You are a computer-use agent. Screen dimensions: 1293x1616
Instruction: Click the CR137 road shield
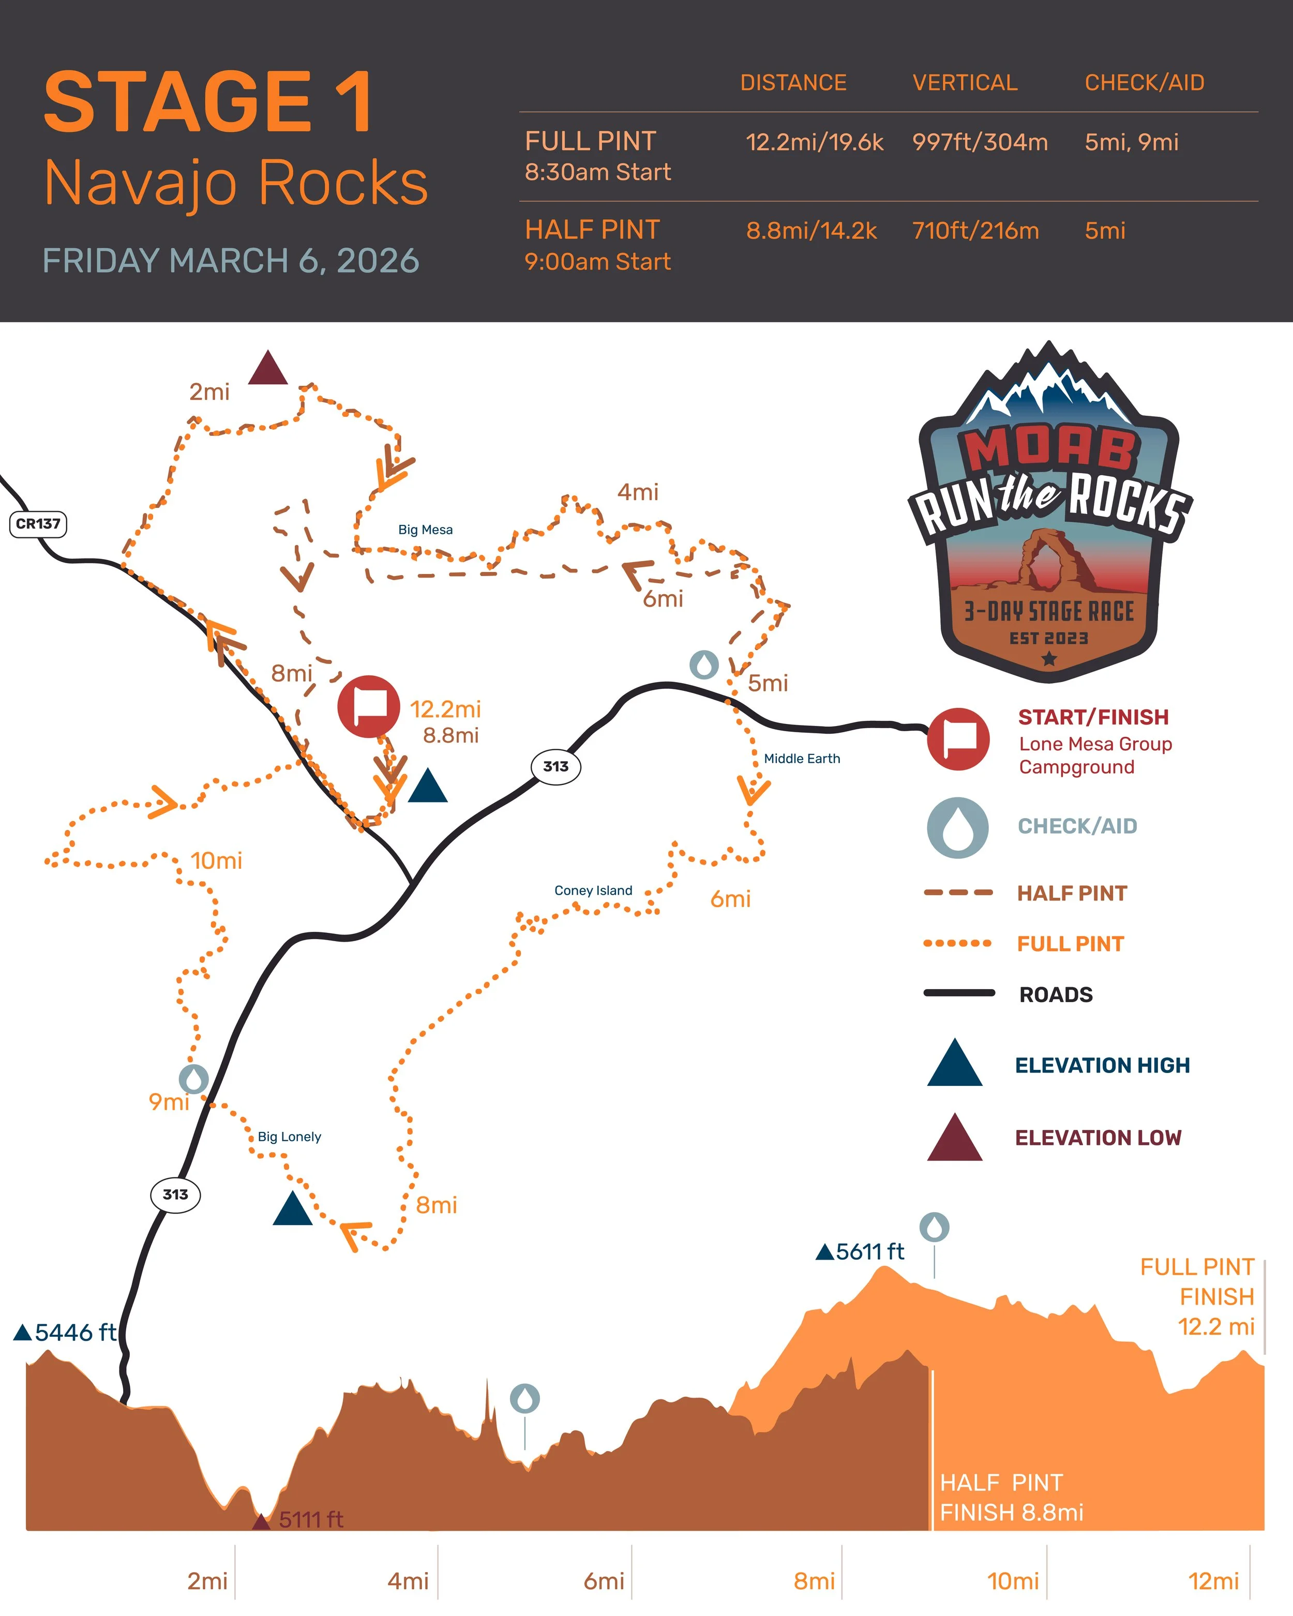(x=37, y=524)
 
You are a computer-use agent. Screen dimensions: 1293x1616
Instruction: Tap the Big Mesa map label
(x=425, y=530)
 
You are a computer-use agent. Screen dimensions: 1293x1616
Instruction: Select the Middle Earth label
(x=801, y=759)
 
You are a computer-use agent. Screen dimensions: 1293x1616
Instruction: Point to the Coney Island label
(x=593, y=890)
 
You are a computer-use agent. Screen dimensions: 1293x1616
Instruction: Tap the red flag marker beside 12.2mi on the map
(x=368, y=706)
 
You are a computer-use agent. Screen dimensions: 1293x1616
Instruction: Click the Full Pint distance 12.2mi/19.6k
(x=814, y=142)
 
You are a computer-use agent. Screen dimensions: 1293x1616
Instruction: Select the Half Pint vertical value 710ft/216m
(x=975, y=231)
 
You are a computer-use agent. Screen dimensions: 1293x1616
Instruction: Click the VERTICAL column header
(x=965, y=82)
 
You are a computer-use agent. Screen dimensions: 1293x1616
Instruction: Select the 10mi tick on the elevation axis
(x=1013, y=1581)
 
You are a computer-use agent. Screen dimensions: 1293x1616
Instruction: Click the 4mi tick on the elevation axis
(x=408, y=1581)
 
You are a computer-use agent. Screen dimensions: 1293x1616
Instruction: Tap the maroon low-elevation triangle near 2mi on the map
(x=267, y=369)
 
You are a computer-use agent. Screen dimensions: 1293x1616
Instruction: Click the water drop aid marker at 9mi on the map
(x=193, y=1079)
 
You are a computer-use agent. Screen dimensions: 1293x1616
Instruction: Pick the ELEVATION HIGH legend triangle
(x=954, y=1064)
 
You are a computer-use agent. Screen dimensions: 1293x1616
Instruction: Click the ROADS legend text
(x=1056, y=994)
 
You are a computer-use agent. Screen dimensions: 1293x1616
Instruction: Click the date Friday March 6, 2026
(x=231, y=261)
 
